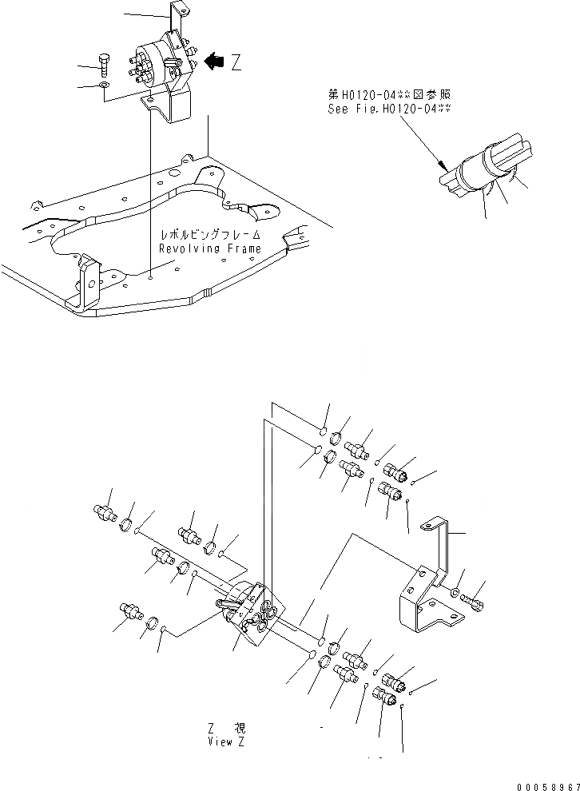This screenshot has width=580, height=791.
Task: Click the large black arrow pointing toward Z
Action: [x=214, y=62]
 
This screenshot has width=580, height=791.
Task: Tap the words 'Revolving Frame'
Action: [x=210, y=248]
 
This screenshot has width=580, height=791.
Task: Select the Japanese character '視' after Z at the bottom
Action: [x=240, y=729]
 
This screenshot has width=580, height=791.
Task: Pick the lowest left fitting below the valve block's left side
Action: [x=131, y=612]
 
